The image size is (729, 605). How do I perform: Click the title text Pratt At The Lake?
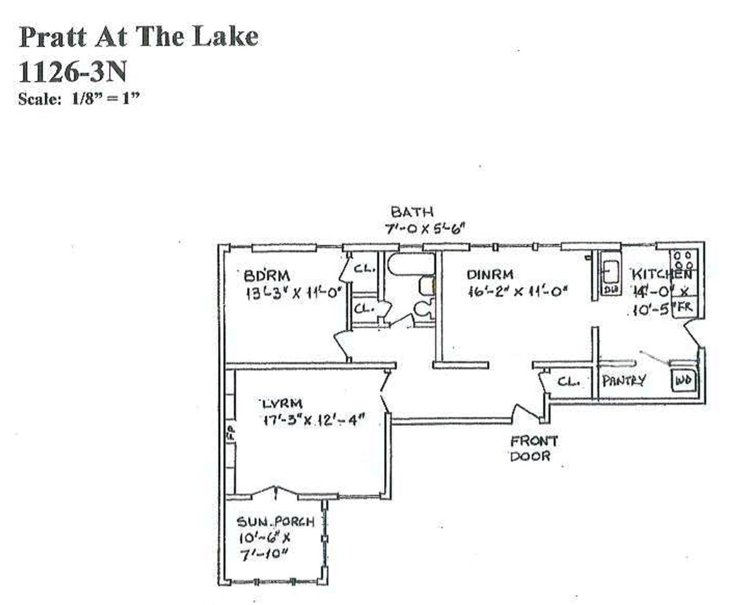[138, 37]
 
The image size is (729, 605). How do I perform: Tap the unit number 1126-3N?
[73, 72]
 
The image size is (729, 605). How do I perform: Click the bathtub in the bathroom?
[410, 265]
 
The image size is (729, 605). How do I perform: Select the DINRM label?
[489, 274]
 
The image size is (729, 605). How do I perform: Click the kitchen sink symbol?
[611, 269]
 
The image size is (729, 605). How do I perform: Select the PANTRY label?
[624, 381]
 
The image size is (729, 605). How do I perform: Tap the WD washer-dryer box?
[683, 381]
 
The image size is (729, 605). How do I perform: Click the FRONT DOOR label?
[534, 448]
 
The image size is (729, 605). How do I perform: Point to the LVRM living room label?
[282, 404]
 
